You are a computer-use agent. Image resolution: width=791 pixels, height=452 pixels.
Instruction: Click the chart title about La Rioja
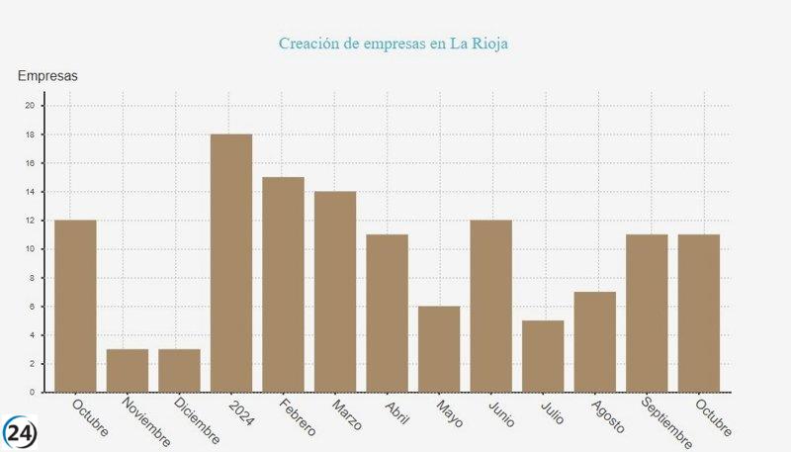tap(394, 44)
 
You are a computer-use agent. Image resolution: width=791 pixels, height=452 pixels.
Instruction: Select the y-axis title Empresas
tap(47, 76)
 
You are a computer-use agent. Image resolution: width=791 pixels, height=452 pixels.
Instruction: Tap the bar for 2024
tap(231, 263)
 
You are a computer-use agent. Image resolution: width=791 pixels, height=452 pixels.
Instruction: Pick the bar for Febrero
tap(283, 285)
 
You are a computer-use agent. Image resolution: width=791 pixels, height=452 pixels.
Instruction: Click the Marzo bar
tap(335, 292)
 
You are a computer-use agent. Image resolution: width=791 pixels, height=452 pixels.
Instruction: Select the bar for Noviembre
tap(128, 371)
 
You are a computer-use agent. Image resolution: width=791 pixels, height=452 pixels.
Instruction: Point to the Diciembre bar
tap(179, 371)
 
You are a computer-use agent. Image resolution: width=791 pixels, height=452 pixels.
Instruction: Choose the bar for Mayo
tap(439, 349)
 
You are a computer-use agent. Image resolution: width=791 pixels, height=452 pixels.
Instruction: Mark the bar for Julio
tap(543, 356)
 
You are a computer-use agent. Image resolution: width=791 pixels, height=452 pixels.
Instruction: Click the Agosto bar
tap(594, 342)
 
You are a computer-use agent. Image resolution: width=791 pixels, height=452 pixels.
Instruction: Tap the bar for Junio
tap(490, 306)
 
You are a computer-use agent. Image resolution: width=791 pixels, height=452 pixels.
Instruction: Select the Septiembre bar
tap(647, 314)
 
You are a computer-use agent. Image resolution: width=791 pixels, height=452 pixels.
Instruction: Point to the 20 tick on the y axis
tap(30, 106)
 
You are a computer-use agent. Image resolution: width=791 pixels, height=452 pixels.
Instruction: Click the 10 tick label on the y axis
tap(30, 249)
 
